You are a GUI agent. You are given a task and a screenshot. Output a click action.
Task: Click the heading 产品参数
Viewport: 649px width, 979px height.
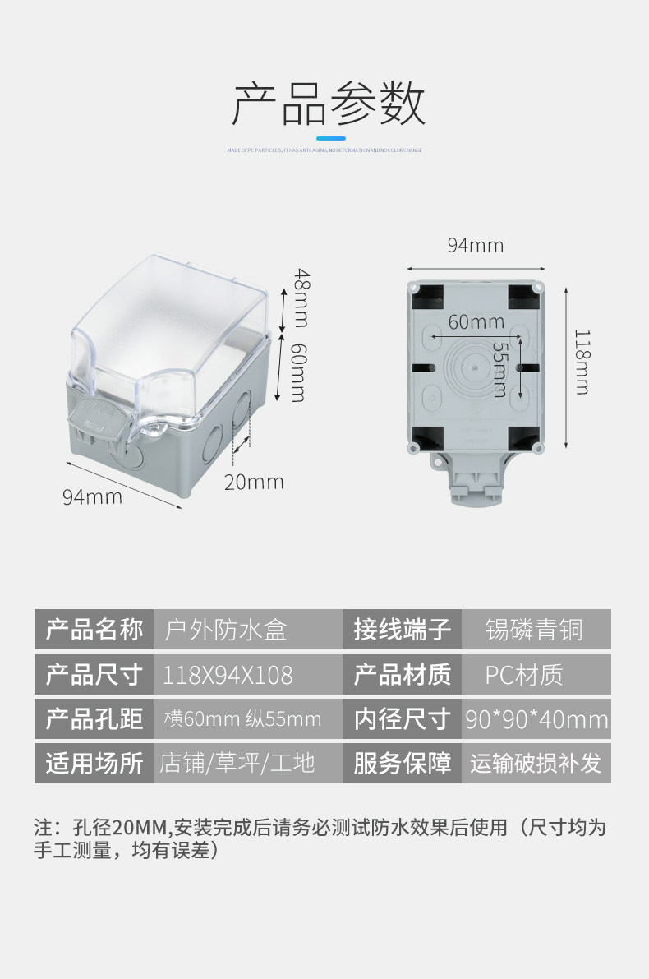click(x=329, y=104)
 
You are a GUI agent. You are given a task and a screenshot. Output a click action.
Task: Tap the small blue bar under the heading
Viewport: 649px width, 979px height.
click(x=331, y=138)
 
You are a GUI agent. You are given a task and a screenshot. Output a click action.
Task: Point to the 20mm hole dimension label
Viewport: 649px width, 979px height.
click(x=254, y=482)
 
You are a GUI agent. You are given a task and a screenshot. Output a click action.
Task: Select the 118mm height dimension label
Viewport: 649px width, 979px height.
click(x=581, y=362)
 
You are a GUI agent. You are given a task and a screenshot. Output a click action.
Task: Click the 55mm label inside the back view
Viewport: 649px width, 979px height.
click(x=499, y=369)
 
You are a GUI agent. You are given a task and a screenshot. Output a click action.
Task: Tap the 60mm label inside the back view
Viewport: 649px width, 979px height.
click(x=476, y=322)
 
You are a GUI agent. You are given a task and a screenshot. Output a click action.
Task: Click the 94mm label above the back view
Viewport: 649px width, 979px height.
click(x=475, y=245)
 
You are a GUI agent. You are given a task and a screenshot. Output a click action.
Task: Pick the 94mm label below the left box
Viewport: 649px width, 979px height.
click(x=92, y=496)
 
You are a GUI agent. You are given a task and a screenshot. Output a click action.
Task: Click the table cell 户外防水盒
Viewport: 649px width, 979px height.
click(x=226, y=630)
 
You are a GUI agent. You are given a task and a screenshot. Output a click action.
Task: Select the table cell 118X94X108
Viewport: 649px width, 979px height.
click(x=228, y=675)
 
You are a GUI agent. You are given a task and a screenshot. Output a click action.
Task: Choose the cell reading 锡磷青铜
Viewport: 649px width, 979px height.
click(x=535, y=630)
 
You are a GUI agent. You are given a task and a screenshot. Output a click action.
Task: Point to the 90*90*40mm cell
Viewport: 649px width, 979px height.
click(x=536, y=719)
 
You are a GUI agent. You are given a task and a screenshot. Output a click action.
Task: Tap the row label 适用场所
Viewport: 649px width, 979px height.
click(x=94, y=764)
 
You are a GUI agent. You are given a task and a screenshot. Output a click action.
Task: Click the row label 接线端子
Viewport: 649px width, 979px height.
click(x=402, y=630)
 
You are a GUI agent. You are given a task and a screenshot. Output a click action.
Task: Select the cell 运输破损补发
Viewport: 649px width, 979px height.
click(x=536, y=764)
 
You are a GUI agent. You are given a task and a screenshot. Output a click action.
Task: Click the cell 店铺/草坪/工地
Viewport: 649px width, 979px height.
click(x=237, y=764)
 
